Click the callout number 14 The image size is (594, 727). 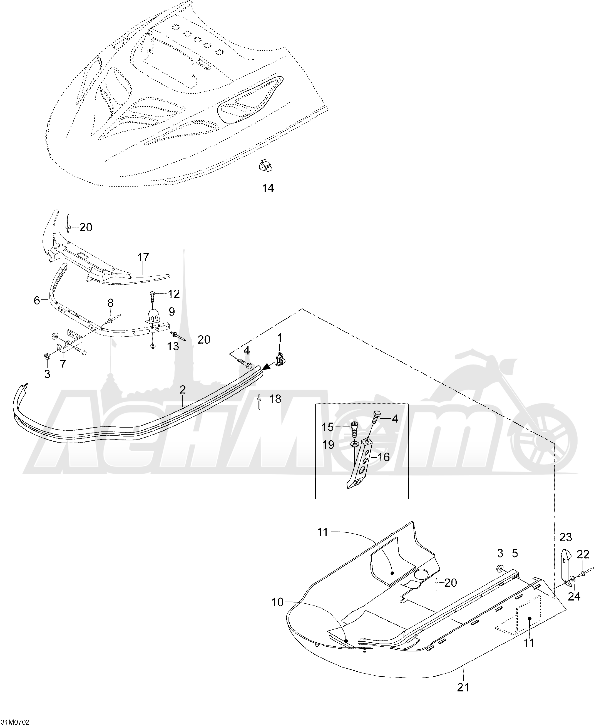(x=268, y=188)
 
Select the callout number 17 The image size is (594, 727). (x=143, y=257)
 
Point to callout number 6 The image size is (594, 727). (x=37, y=300)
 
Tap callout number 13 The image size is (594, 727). (x=173, y=346)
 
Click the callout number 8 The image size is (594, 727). (x=110, y=303)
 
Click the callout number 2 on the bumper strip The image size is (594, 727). (x=183, y=389)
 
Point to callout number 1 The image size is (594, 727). (x=280, y=338)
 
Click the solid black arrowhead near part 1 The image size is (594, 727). (x=267, y=367)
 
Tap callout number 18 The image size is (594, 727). (x=275, y=399)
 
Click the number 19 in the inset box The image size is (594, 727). (x=328, y=445)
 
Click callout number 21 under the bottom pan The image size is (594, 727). (x=463, y=687)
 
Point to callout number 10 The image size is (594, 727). (x=277, y=602)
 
